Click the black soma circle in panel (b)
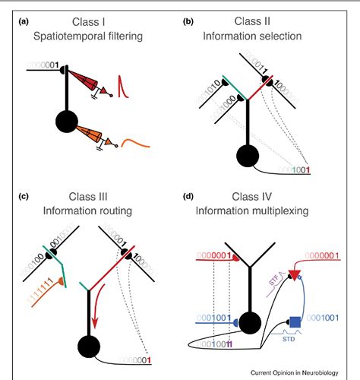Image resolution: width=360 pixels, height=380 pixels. (x=249, y=157)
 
